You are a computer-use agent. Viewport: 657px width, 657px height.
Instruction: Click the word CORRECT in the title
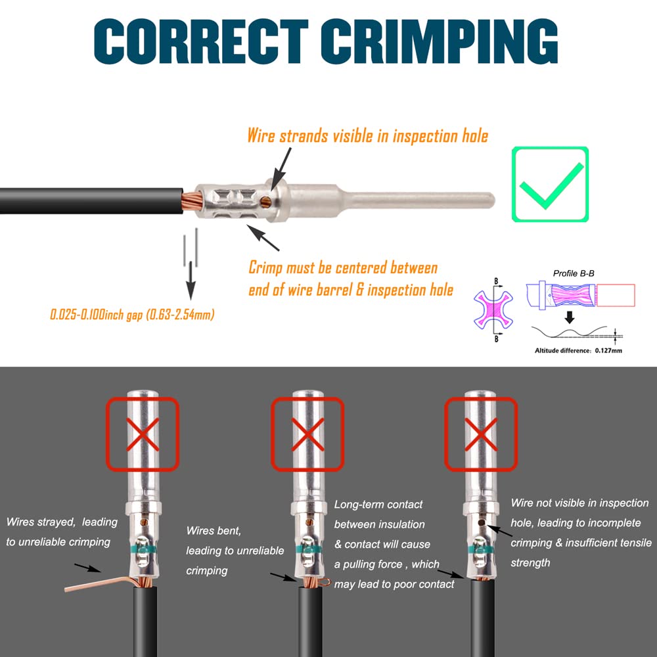pyautogui.click(x=202, y=41)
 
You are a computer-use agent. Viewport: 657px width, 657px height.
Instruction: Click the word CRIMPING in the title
pyautogui.click(x=440, y=41)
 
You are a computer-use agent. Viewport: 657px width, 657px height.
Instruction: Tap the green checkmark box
pyautogui.click(x=550, y=184)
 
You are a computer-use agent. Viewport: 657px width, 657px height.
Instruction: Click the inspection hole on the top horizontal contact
pyautogui.click(x=265, y=202)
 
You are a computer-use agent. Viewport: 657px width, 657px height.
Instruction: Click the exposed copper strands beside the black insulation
pyautogui.click(x=193, y=201)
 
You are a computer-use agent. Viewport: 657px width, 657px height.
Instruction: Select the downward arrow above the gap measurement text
pyautogui.click(x=191, y=281)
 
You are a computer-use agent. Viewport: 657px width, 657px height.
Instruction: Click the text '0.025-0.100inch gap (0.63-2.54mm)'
pyautogui.click(x=132, y=314)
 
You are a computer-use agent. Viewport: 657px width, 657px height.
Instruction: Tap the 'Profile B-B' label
pyautogui.click(x=573, y=273)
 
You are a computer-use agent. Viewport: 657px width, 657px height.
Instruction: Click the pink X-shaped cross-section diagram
pyautogui.click(x=493, y=310)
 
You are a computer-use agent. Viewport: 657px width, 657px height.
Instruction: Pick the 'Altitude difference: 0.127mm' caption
pyautogui.click(x=578, y=351)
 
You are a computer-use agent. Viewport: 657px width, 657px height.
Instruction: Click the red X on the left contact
pyautogui.click(x=143, y=434)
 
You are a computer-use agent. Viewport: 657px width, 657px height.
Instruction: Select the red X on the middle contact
pyautogui.click(x=307, y=434)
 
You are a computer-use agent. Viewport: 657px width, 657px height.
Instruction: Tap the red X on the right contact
pyautogui.click(x=481, y=434)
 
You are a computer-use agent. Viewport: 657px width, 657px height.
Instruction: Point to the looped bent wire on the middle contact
pyautogui.click(x=323, y=582)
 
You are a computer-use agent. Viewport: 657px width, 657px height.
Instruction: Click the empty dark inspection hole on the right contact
pyautogui.click(x=482, y=522)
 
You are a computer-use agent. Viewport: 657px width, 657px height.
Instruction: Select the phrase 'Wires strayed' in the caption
pyautogui.click(x=41, y=522)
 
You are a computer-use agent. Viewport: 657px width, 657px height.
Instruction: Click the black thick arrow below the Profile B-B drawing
pyautogui.click(x=570, y=317)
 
